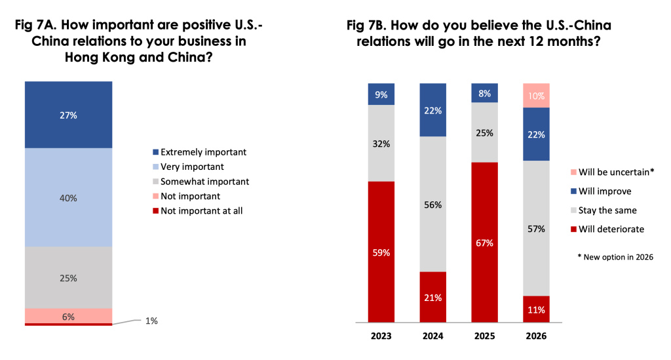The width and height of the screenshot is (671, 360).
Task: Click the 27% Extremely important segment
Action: [x=69, y=115]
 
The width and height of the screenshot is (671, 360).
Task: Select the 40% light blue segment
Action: [x=69, y=197]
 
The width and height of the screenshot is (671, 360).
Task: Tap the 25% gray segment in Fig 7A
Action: [x=69, y=277]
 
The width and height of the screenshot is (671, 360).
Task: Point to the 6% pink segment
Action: [x=69, y=315]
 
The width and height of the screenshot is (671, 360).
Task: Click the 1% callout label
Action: [x=151, y=321]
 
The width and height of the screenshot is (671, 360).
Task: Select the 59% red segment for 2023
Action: [x=381, y=252]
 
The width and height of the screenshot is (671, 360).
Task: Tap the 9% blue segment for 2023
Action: [x=381, y=94]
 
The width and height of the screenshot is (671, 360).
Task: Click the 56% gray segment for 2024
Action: [x=432, y=205]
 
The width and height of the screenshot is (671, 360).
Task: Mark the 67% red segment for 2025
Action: [x=484, y=243]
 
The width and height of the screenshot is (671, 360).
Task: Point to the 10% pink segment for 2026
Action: [x=536, y=95]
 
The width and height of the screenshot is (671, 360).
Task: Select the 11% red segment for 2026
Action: [x=536, y=309]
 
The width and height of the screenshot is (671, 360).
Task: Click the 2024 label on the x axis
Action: [x=432, y=336]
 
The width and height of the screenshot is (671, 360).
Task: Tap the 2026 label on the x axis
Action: [x=536, y=336]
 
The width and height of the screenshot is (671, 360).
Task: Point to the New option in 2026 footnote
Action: [x=615, y=256]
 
